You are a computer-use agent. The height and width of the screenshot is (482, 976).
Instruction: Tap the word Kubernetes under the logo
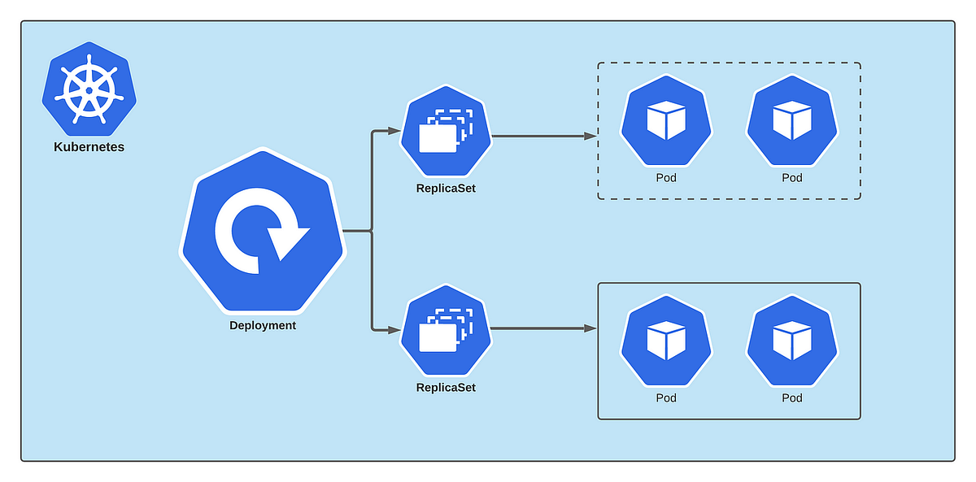[x=89, y=147]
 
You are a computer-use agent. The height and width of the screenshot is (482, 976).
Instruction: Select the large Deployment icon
[x=262, y=231]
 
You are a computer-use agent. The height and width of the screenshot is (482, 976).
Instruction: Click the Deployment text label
[x=262, y=325]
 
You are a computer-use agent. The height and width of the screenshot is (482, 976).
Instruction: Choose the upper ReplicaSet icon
[x=445, y=131]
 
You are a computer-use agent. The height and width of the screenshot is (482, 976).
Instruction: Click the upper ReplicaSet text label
[x=445, y=189]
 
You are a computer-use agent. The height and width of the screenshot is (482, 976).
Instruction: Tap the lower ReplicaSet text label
[x=445, y=388]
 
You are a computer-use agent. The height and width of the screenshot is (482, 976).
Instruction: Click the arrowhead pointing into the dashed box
[x=590, y=136]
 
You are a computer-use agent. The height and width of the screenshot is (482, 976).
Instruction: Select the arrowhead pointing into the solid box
[x=590, y=328]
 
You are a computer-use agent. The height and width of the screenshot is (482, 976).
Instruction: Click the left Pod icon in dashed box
[x=666, y=121]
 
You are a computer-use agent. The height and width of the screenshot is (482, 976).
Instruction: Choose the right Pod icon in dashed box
[x=791, y=121]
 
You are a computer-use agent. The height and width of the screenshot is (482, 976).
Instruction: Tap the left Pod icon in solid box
[x=666, y=341]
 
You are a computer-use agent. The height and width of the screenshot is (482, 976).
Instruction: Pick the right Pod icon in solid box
[x=791, y=341]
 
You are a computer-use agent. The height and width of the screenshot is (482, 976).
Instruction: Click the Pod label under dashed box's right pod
[x=791, y=177]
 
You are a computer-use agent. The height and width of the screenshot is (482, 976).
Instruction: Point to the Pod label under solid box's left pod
[x=666, y=397]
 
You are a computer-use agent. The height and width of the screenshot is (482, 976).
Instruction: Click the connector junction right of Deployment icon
[x=372, y=232]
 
